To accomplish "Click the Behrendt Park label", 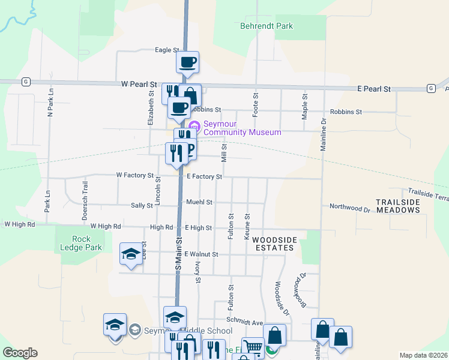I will tap(266, 26).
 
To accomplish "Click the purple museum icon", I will tap(194, 126).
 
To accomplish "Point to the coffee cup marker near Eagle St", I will tap(187, 62).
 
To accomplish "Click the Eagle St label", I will tap(167, 50).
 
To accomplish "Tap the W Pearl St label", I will tap(138, 85).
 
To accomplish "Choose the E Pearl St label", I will tap(373, 89).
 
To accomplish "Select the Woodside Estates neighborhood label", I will tap(274, 244).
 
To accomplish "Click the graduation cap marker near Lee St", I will tap(131, 254).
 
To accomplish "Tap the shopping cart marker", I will tap(253, 347).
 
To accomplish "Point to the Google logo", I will tap(20, 353).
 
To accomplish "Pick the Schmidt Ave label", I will tap(250, 323).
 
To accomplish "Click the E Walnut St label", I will tap(201, 254).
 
